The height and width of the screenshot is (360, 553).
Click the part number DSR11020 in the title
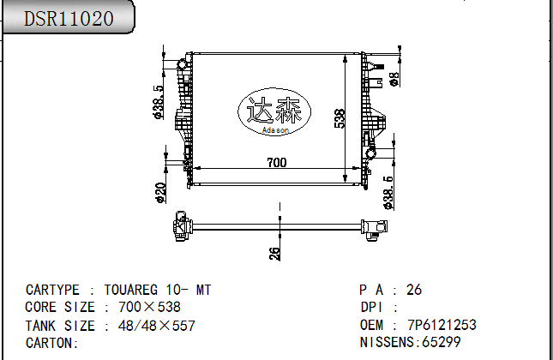point(68,19)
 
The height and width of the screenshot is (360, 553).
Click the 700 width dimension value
point(276,163)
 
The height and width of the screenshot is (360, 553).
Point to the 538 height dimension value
point(340,118)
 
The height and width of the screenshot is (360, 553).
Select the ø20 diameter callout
point(160,193)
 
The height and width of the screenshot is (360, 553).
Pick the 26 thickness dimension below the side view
point(275,253)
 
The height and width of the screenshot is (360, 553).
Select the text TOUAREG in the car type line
point(135,291)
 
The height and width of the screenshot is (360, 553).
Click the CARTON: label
point(52,343)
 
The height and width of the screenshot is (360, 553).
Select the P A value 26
point(414,291)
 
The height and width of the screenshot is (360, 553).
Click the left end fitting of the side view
point(182,226)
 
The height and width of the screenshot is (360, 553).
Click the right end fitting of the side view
point(371,227)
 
